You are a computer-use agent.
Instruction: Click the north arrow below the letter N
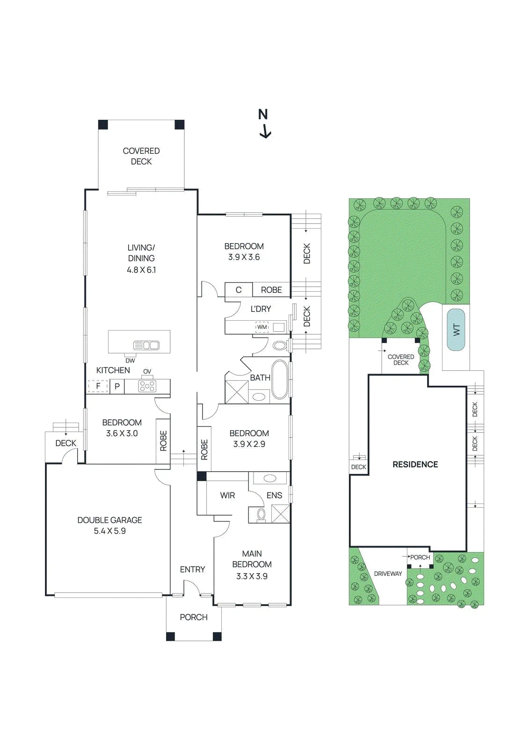265,131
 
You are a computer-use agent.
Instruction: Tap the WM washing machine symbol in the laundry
262,327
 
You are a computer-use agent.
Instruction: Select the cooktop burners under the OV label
147,386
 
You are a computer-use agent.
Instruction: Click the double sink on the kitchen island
146,345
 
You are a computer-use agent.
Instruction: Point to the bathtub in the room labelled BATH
280,379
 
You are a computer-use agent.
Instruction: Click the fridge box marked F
98,386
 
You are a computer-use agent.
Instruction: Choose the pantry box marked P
117,386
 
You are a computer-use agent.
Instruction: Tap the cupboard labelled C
239,289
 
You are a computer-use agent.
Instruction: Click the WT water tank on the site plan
456,330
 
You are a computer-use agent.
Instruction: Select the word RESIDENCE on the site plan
415,464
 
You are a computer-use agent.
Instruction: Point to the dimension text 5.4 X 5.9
109,531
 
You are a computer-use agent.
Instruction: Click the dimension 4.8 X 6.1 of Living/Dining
141,269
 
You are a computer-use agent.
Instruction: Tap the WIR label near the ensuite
227,495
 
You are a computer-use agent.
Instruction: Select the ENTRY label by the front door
192,569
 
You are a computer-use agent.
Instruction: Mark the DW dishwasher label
130,360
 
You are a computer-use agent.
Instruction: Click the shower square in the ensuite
280,514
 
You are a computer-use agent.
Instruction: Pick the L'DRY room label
261,309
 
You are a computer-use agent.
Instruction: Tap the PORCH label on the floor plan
194,617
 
